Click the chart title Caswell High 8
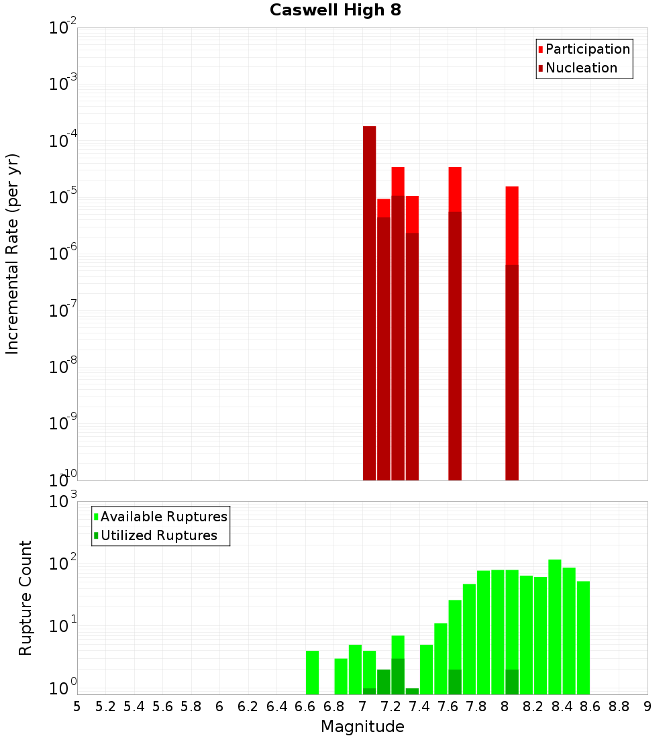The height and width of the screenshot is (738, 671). click(335, 11)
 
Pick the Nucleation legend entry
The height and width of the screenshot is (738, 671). click(581, 68)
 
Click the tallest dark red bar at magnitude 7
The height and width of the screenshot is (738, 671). click(369, 302)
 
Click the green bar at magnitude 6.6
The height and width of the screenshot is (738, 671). click(312, 672)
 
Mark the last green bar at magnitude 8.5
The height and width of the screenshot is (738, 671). click(583, 637)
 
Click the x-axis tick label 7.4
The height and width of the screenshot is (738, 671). click(419, 706)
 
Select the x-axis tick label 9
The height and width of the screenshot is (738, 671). click(648, 706)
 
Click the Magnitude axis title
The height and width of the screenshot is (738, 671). click(362, 727)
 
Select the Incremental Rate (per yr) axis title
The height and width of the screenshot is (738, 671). click(13, 254)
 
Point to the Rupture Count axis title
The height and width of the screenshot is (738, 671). click(25, 598)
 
